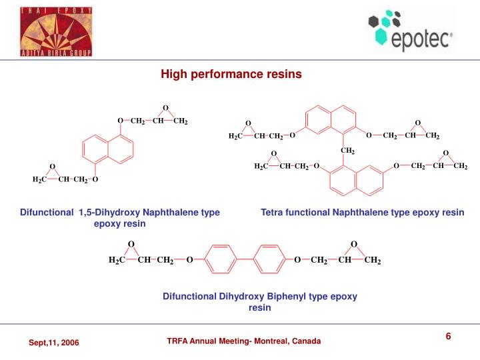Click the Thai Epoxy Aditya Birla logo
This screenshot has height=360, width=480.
click(56, 31)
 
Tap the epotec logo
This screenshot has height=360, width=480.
click(409, 31)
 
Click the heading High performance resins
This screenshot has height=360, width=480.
click(231, 74)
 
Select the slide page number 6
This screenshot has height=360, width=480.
click(449, 336)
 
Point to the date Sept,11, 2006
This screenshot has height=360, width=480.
click(53, 342)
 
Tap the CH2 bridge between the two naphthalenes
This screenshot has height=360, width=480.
click(347, 151)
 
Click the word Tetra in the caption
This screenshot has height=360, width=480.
click(271, 212)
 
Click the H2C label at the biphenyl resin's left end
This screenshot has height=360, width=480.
click(117, 260)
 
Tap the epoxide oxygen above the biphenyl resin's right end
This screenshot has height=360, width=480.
click(354, 244)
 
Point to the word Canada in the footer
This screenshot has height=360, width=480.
click(305, 341)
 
